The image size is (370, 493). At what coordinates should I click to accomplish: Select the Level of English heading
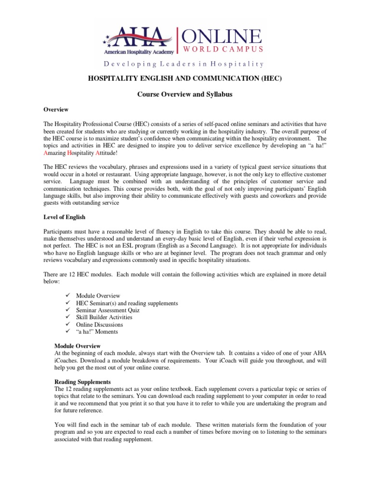(x=65, y=217)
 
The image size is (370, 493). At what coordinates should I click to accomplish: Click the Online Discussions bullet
(x=99, y=324)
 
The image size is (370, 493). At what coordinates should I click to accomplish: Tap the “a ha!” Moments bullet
(x=96, y=332)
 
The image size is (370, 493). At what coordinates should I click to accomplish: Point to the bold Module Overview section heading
(x=77, y=346)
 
